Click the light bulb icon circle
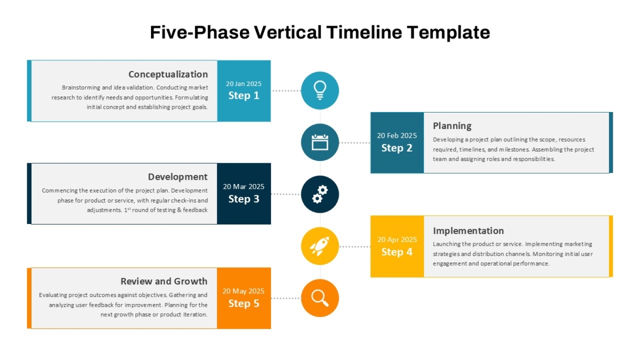[319, 91]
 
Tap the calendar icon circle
[319, 142]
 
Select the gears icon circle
[319, 194]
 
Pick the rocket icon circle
[319, 246]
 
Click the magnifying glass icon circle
[319, 298]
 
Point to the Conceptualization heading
[168, 74]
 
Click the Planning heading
[452, 126]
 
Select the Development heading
[178, 177]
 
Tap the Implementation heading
[468, 231]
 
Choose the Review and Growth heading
[164, 282]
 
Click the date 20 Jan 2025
[244, 84]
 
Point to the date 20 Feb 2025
[397, 135]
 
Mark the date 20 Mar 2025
[244, 187]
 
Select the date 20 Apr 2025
[397, 239]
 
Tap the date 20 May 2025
[243, 291]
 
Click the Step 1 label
[244, 95]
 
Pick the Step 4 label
[397, 252]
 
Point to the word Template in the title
[449, 33]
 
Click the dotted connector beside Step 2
[355, 142]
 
